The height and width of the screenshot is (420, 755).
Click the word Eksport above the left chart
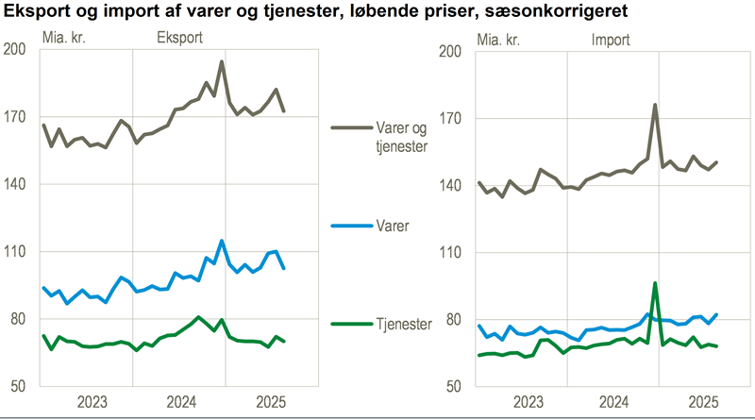point(179,40)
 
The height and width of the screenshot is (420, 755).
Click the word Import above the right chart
point(611,40)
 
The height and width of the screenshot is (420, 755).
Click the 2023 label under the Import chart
point(526,400)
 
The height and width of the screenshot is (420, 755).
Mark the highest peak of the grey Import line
point(654,105)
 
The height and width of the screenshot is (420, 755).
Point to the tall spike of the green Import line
point(654,283)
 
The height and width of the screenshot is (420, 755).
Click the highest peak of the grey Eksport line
point(221,62)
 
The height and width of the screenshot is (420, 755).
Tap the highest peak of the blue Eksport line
point(222,241)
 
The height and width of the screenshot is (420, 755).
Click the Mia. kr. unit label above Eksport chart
point(68,40)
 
